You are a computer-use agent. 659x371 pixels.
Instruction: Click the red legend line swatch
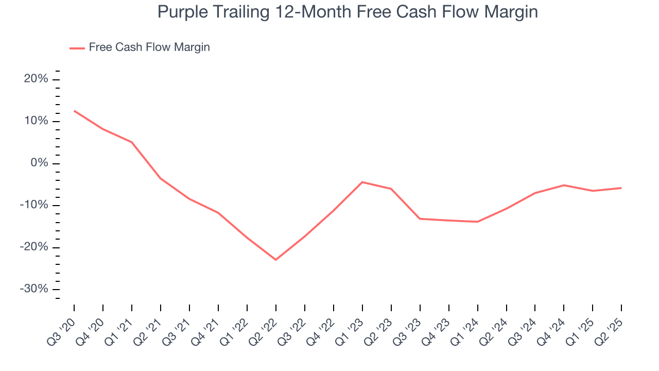click(x=77, y=48)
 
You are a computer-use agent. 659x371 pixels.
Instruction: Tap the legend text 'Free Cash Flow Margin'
click(x=149, y=47)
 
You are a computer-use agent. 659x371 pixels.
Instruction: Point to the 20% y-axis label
click(x=36, y=79)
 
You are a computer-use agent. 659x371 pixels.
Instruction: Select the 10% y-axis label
click(x=36, y=121)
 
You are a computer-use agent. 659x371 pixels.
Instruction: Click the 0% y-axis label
click(x=39, y=163)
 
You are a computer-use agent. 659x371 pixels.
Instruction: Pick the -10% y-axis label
click(x=34, y=205)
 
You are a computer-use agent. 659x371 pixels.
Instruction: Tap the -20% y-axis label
click(x=34, y=247)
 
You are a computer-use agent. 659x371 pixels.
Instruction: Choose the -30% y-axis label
click(x=34, y=289)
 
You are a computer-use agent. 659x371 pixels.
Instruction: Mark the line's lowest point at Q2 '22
click(x=276, y=260)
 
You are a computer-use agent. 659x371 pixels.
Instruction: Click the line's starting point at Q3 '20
click(x=74, y=111)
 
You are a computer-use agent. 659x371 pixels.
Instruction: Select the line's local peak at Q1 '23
click(x=362, y=182)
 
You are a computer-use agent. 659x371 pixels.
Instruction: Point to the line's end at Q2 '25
click(x=621, y=188)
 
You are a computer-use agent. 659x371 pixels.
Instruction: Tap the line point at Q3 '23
click(x=420, y=219)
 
